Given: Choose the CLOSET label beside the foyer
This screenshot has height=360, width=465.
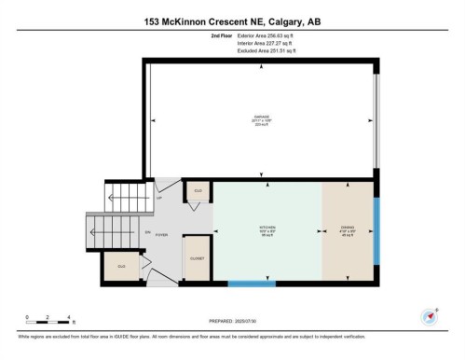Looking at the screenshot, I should (198, 256).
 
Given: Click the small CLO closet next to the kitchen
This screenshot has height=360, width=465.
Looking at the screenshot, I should (198, 191).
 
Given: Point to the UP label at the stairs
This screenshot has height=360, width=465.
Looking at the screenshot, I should (159, 198).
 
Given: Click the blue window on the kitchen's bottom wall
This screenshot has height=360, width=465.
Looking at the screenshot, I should (252, 283).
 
